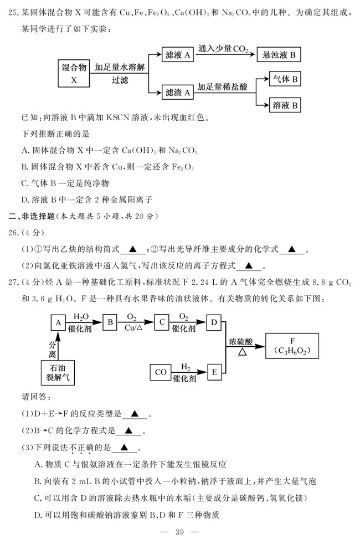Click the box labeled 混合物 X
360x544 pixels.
[74, 74]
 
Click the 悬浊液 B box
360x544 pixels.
[279, 54]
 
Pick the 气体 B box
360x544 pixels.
[286, 80]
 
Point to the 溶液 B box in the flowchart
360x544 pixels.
[286, 105]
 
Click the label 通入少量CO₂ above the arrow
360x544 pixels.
[224, 49]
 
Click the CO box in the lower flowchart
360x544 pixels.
[161, 373]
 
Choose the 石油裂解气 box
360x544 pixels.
[58, 373]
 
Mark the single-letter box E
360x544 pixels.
[214, 373]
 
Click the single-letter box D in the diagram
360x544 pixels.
[214, 322]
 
